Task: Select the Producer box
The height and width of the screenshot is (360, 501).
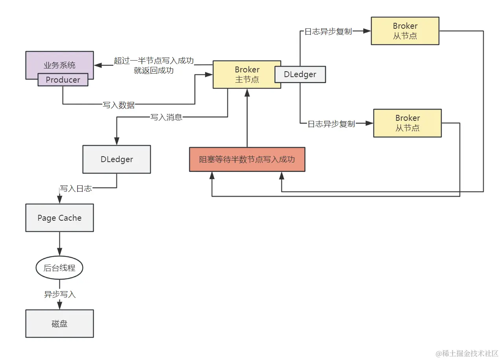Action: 63,80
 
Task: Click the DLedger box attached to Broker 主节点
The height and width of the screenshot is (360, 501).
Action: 300,74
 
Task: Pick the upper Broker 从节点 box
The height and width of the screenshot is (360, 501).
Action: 405,31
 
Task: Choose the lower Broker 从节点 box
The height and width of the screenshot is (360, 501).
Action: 407,123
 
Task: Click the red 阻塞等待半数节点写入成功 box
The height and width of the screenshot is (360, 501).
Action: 247,159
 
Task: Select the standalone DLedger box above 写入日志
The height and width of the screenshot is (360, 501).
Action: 116,159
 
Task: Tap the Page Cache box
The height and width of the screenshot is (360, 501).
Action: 59,218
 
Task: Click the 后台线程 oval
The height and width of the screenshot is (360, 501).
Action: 59,268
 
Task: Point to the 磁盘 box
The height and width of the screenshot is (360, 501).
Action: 59,323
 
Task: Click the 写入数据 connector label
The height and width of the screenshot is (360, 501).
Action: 118,105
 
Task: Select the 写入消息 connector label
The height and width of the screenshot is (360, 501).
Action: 166,117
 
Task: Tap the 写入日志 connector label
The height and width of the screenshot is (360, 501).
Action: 76,188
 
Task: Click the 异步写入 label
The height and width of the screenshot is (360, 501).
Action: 59,294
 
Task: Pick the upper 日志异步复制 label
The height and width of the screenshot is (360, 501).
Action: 328,32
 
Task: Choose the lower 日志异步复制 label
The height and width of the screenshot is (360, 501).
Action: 331,124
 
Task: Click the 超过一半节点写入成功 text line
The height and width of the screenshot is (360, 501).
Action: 154,61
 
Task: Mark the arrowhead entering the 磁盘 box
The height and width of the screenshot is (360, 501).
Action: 59,305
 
